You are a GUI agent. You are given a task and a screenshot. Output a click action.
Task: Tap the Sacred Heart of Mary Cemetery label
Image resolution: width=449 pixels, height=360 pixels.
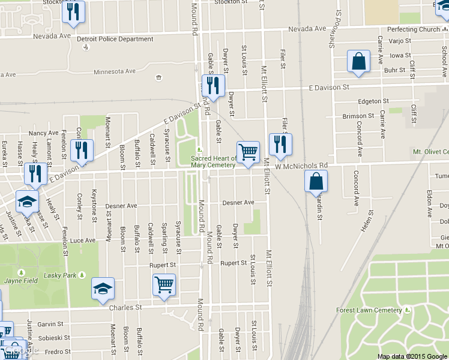[213, 162]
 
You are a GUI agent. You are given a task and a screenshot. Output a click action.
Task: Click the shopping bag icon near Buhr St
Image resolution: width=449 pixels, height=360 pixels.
[358, 61]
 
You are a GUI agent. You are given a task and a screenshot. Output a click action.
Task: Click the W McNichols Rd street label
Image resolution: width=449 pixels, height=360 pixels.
[301, 165]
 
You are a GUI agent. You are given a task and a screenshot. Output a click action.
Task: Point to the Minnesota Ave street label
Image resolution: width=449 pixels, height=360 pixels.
[114, 71]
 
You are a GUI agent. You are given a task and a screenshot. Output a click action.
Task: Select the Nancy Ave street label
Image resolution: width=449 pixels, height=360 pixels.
[43, 133]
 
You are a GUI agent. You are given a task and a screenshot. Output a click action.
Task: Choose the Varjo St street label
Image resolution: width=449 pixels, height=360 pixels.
[399, 41]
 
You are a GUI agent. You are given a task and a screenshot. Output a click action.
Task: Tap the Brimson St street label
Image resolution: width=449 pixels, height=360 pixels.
[358, 116]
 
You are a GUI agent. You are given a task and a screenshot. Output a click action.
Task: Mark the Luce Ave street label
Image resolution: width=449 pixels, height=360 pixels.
[83, 241]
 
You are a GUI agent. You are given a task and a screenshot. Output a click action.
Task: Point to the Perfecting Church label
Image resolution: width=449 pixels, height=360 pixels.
[414, 29]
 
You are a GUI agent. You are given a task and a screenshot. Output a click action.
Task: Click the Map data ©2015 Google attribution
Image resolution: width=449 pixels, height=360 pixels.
[412, 356]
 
